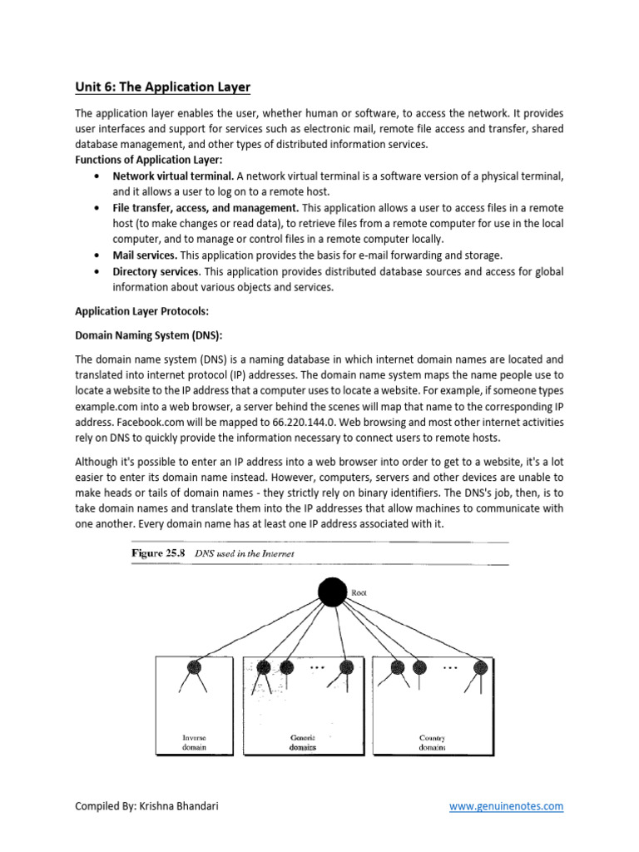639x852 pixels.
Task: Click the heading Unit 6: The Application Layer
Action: (162, 87)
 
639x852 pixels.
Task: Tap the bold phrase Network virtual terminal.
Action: (173, 176)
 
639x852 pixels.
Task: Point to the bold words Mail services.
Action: (145, 255)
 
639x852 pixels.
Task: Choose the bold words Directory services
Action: (157, 271)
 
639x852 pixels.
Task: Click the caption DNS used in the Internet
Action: (244, 553)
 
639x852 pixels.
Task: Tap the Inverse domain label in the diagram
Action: (196, 742)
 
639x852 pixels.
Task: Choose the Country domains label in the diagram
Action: (432, 742)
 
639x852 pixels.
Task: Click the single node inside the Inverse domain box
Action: (196, 666)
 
